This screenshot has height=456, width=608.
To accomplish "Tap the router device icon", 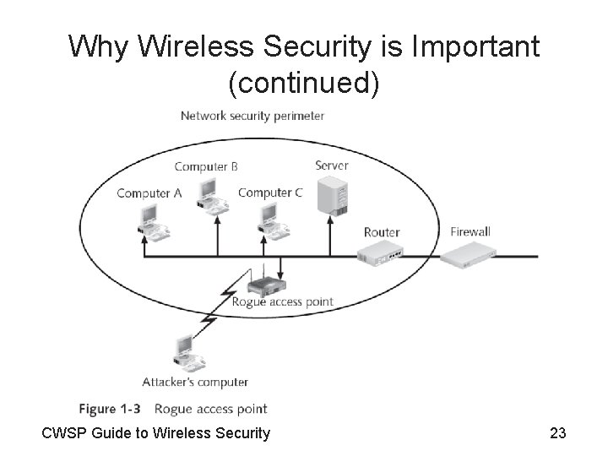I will point(379,252).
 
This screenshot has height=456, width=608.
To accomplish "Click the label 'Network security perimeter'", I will point(252,116).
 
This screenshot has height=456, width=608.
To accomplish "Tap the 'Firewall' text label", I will point(470,231).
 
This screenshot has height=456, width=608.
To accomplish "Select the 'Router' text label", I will point(382,232).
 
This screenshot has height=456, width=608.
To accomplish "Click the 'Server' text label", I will point(331,166).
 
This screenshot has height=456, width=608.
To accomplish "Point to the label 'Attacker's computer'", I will point(195,383).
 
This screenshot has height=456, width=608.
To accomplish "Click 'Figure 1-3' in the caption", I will point(110,409).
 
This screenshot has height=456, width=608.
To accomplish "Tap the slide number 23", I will point(557,434).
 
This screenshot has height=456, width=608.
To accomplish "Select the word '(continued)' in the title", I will point(304,83).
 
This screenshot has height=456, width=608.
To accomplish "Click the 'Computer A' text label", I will point(149,193).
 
